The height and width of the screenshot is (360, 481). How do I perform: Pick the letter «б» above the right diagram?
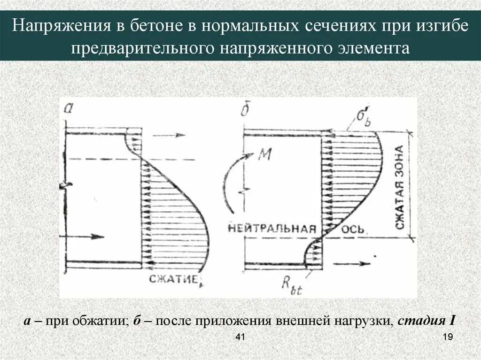244,110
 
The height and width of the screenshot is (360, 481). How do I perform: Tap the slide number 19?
447,338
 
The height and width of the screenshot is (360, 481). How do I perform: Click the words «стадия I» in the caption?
426,322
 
